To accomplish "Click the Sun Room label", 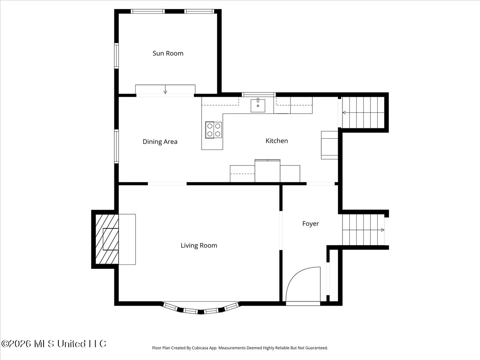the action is [x=168, y=53].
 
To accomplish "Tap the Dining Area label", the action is [x=160, y=142].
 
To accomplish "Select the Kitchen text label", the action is [x=277, y=141].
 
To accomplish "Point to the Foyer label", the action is [x=310, y=224].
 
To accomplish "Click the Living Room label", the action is [x=199, y=246].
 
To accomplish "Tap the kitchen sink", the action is [x=258, y=105].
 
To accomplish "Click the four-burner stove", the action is [x=214, y=130].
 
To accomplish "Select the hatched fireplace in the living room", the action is [x=107, y=239].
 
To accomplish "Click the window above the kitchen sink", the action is [x=258, y=95].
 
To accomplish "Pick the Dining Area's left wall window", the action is [x=116, y=146].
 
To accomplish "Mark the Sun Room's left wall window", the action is [x=116, y=56].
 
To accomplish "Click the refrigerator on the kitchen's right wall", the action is [x=330, y=145].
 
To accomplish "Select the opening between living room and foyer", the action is [x=281, y=230].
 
